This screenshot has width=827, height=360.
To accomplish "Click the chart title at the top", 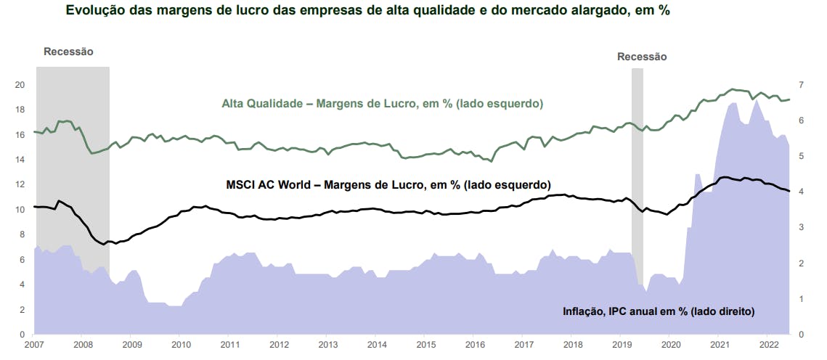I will pyautogui.click(x=367, y=11).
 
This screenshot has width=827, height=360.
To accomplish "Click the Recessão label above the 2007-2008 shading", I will pyautogui.click(x=68, y=52).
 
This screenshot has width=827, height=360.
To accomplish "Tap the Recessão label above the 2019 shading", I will pyautogui.click(x=642, y=57).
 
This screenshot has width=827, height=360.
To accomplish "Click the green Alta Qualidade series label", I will pyautogui.click(x=382, y=104).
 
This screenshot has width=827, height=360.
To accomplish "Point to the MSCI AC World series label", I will pyautogui.click(x=388, y=184).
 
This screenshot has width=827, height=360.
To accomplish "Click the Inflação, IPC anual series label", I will pyautogui.click(x=659, y=311).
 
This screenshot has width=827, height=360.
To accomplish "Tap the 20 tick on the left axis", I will pyautogui.click(x=20, y=84).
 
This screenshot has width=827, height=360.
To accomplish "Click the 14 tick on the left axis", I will pyautogui.click(x=20, y=160).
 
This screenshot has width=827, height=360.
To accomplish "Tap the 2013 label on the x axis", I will pyautogui.click(x=327, y=345).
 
